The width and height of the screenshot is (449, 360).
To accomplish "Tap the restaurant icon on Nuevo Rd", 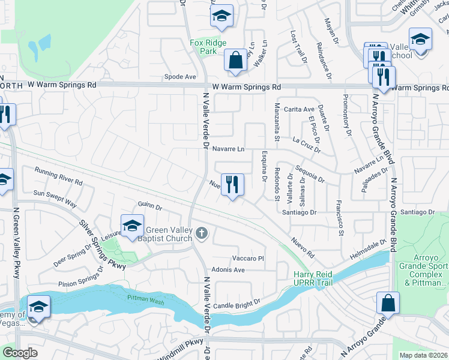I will point(232,184).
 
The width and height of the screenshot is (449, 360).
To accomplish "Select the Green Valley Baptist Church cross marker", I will point(203,233).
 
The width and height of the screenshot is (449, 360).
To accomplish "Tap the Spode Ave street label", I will point(181,77).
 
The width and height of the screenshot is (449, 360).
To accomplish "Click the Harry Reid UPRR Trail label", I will point(313,278).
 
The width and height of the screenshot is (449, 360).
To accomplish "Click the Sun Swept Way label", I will point(55,199).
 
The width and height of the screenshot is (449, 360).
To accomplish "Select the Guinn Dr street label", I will point(150,206).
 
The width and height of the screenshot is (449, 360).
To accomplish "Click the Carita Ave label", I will point(300,109).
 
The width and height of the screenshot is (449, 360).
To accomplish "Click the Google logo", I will point(20,353).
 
